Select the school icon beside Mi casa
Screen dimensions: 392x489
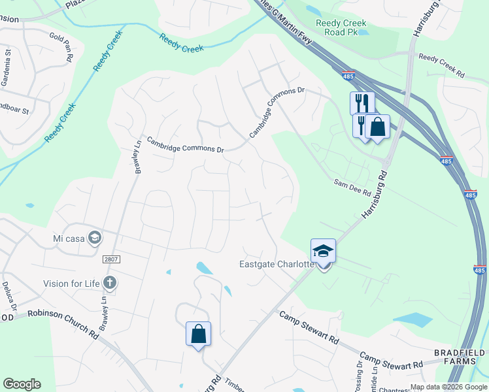coord(95,237)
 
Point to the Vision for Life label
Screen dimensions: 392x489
coord(71,284)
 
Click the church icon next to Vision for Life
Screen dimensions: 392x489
coord(110,283)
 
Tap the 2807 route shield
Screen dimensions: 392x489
coord(112,259)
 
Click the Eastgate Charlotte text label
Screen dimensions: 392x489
coord(276,265)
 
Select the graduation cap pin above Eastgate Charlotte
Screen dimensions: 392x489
coord(323,252)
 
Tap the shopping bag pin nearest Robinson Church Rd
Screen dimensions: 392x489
coord(199,335)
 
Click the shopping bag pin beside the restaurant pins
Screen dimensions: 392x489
coord(377,127)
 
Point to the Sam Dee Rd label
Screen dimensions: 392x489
coord(352,189)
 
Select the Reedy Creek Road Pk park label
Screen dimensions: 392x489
coord(339,27)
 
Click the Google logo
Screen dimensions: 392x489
coord(22,384)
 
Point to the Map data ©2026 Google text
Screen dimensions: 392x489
coord(448,387)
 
